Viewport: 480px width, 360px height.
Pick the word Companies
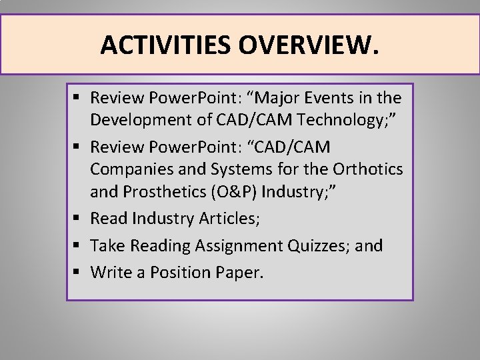(128, 169)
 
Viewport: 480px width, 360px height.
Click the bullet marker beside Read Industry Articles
(78, 219)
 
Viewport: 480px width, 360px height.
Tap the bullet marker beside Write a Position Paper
(78, 273)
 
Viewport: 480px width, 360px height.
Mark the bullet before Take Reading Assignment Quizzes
(78, 246)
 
